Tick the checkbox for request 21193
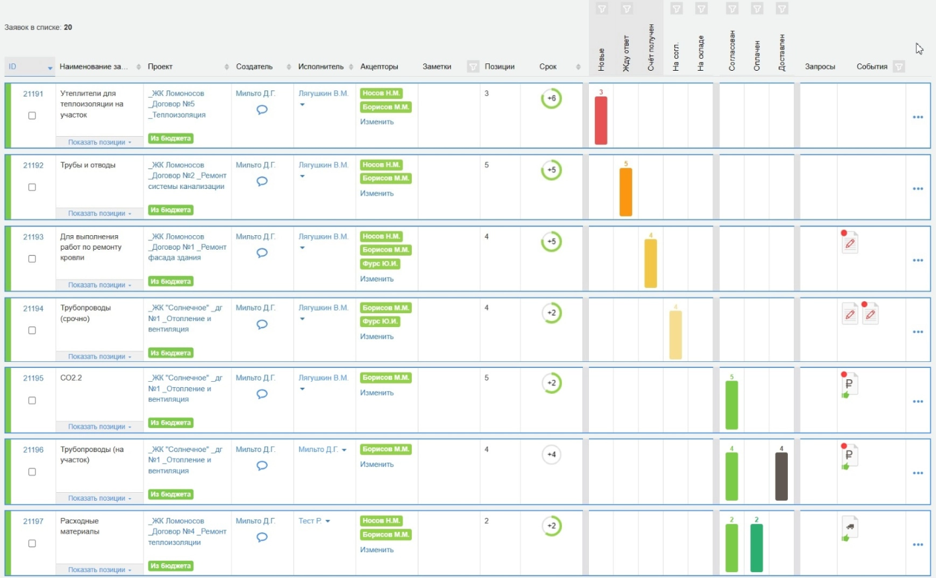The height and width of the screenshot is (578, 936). [32, 258]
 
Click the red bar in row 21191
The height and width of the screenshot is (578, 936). [601, 120]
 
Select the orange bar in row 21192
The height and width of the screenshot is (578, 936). [625, 192]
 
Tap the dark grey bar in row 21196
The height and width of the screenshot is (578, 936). [781, 476]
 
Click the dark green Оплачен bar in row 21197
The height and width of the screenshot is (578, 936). [756, 548]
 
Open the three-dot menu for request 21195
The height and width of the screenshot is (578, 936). [917, 402]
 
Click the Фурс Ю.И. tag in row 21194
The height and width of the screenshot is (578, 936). [380, 321]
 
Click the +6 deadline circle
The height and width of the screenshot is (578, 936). [551, 98]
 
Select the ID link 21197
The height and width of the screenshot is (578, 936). [33, 521]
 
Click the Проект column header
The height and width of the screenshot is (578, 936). [160, 67]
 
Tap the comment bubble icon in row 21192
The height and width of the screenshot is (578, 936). [262, 181]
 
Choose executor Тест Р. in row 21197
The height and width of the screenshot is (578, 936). [310, 521]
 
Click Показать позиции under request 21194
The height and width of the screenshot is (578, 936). [97, 356]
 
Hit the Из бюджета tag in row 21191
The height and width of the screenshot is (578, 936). [171, 138]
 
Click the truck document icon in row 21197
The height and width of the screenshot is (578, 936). [849, 527]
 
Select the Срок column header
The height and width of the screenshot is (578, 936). [548, 67]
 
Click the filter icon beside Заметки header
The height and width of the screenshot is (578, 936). [473, 67]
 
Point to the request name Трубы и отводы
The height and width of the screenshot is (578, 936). [88, 165]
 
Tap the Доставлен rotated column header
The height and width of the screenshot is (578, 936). [781, 53]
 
